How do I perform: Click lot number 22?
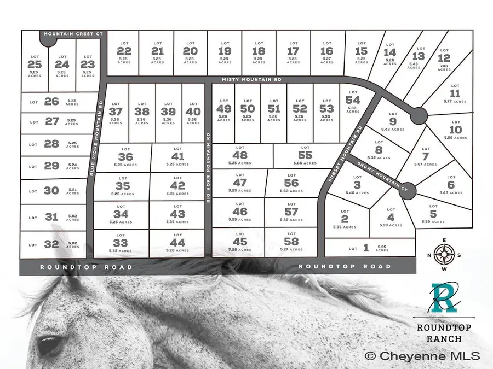click(x=121, y=50)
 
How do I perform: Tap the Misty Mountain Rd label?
click(x=251, y=80)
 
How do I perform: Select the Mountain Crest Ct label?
click(x=73, y=34)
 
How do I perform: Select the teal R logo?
click(x=443, y=297)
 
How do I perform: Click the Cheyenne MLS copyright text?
click(x=422, y=356)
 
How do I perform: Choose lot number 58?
click(x=291, y=241)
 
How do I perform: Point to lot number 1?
click(x=366, y=248)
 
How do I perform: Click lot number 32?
click(x=51, y=244)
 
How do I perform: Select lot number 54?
click(x=353, y=100)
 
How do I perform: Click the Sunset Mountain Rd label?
click(x=344, y=155)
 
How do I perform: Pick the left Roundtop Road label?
click(x=86, y=267)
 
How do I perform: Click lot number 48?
click(x=240, y=155)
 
